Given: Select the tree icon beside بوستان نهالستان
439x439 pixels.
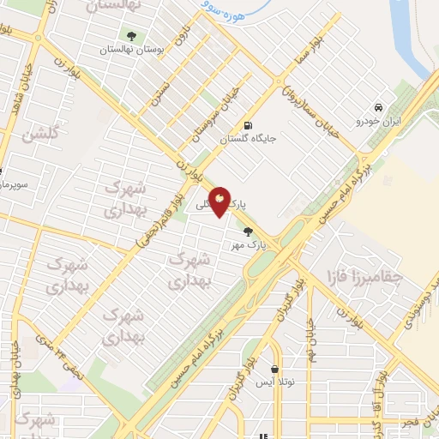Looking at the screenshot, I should [131, 36].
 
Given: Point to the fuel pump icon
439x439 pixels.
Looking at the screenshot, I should [248, 123].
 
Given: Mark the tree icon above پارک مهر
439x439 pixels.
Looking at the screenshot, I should [249, 230].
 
